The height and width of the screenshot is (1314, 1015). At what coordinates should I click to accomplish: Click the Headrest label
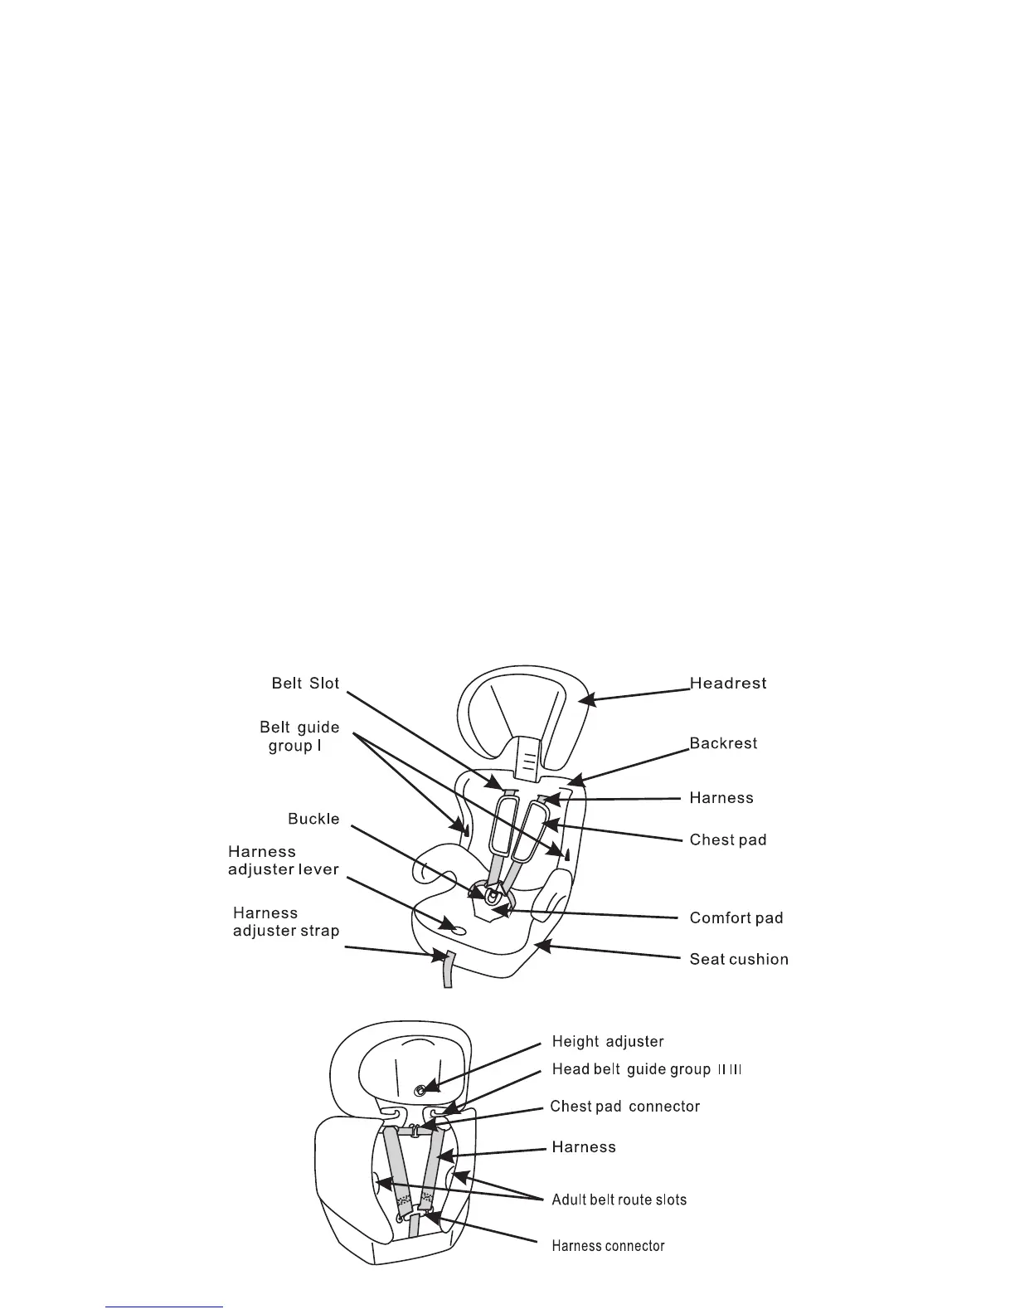coord(728,684)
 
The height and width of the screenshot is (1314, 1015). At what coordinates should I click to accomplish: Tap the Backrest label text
coord(723,743)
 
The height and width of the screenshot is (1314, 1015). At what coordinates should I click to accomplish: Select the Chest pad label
coord(728,839)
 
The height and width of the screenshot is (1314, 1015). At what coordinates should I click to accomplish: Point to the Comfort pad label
coord(736,917)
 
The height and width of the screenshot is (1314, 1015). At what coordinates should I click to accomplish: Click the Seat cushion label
coord(739,959)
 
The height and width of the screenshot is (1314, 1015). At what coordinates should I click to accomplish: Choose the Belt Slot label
coord(305,684)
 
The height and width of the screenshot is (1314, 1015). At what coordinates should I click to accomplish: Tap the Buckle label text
coord(313,819)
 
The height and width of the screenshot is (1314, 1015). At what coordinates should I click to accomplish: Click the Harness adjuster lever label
coord(283,860)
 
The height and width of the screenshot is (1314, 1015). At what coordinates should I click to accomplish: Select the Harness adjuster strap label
coord(286,922)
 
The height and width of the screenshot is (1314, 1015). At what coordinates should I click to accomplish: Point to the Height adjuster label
coord(608,1042)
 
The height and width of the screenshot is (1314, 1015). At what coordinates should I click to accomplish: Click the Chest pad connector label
coord(625,1107)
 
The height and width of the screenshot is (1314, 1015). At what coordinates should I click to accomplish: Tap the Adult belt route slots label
coord(619,1200)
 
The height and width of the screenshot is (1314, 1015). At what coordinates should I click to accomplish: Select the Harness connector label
coord(609,1245)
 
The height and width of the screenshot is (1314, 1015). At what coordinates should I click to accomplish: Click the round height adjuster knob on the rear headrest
coord(421,1088)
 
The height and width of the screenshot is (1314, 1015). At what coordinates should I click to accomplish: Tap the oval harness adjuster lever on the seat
coord(451,926)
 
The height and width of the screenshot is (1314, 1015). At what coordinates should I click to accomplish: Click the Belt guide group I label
coord(299,737)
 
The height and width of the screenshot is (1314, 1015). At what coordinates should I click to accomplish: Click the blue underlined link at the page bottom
coord(165,1307)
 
